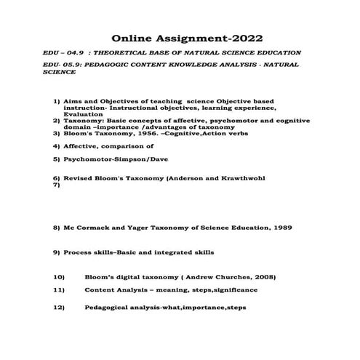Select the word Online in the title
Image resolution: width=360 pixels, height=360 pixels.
click(x=132, y=38)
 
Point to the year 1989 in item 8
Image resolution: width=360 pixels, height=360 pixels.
click(x=281, y=228)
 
